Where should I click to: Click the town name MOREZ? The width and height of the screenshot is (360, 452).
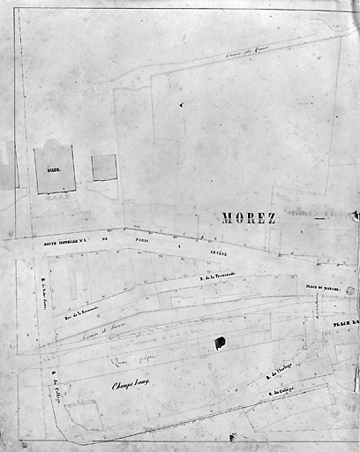pyautogui.click(x=249, y=218)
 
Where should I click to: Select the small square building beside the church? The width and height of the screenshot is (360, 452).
pyautogui.click(x=104, y=168)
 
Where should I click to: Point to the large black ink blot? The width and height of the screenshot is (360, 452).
pyautogui.click(x=220, y=343)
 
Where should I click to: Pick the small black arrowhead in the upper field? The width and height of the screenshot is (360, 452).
pyautogui.click(x=181, y=104)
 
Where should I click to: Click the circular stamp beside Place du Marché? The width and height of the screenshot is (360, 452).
pyautogui.click(x=350, y=290)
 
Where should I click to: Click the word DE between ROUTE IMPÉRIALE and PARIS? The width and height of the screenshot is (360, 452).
pyautogui.click(x=104, y=238)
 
